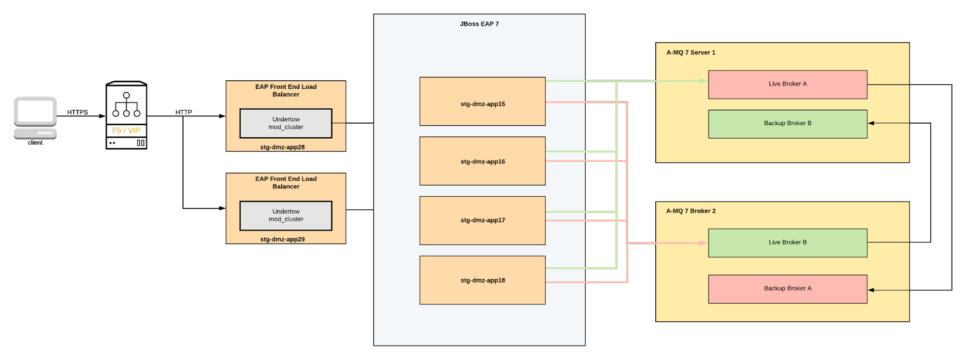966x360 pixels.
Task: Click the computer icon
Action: (35, 118)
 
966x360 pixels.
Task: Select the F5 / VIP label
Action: (126, 130)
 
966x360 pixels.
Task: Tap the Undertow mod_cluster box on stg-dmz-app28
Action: (286, 123)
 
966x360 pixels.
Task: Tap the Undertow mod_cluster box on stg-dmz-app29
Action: (286, 216)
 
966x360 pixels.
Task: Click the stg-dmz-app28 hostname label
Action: (282, 147)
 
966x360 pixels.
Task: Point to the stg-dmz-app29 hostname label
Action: (282, 239)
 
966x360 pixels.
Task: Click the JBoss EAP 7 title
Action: (479, 24)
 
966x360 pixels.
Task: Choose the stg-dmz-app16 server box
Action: (482, 161)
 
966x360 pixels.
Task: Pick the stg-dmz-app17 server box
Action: (482, 220)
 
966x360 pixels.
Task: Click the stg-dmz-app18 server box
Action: (482, 280)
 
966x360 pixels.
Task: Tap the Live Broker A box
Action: (787, 85)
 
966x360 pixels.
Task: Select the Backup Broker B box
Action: (787, 124)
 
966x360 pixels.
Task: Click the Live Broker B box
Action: (787, 243)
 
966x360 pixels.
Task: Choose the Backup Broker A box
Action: (787, 289)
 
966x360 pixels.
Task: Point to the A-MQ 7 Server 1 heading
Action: (691, 53)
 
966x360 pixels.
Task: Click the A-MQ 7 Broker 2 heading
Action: (691, 211)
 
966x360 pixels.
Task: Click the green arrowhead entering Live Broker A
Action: (704, 81)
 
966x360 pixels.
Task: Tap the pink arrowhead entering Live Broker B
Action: (704, 243)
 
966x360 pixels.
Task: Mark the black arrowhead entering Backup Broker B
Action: (871, 123)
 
